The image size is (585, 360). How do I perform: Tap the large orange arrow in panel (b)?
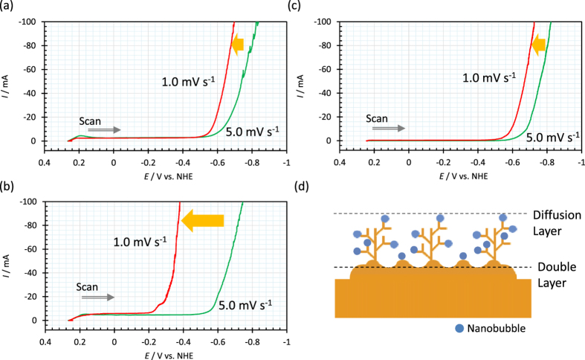click(x=203, y=219)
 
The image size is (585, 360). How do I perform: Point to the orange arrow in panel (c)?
click(x=539, y=46)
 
